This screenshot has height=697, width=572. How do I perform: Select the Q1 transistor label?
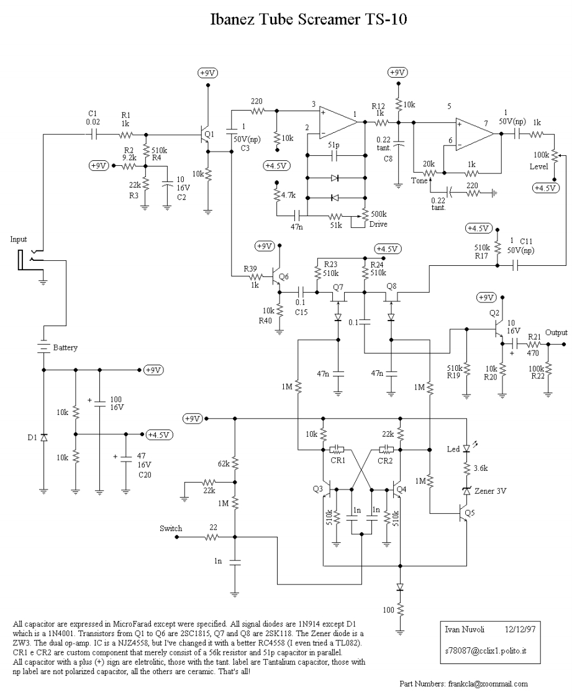point(209,134)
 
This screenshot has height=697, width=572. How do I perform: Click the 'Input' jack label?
point(19,239)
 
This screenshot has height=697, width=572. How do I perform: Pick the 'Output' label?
point(556,332)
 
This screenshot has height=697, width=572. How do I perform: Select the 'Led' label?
point(454,449)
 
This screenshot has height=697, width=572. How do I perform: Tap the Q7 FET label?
point(338,286)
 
